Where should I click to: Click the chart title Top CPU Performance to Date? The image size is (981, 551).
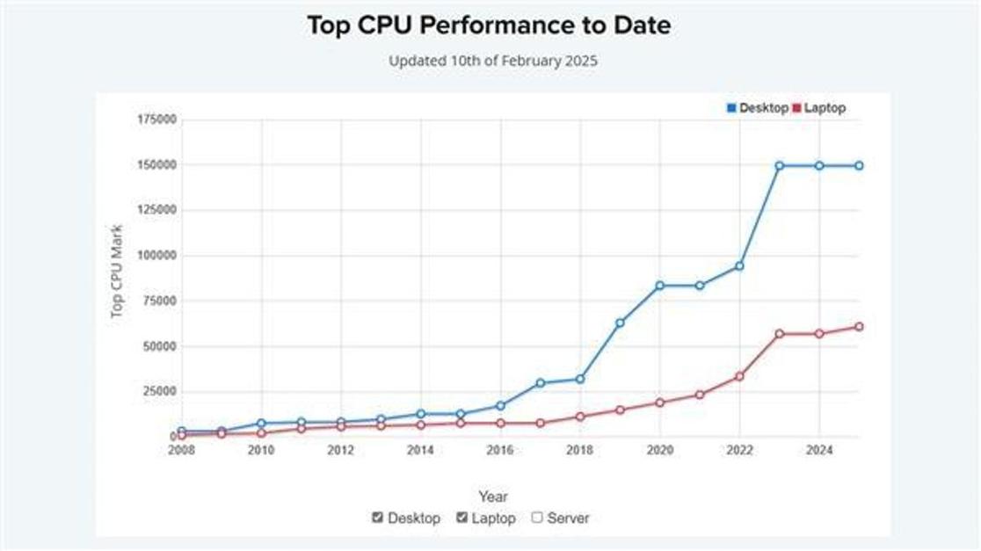[489, 25]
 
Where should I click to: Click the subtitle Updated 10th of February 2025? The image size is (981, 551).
[493, 62]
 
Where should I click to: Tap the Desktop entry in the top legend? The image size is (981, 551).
[757, 108]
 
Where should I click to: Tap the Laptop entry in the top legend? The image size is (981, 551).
[818, 108]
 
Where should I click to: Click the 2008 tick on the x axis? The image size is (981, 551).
[180, 451]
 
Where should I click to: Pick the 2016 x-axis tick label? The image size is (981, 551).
[500, 451]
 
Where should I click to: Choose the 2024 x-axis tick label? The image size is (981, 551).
[819, 451]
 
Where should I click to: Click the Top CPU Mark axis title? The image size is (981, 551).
[117, 272]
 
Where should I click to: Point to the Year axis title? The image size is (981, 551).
[493, 497]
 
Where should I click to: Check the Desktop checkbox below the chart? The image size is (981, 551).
[378, 518]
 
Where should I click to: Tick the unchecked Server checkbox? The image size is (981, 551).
[537, 518]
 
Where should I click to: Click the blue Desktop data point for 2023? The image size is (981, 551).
[780, 165]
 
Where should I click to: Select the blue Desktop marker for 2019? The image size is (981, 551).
[620, 323]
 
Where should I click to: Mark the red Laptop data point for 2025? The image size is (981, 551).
[859, 327]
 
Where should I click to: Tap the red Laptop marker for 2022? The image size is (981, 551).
[739, 376]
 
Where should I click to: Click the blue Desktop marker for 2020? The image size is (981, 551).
[659, 286]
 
